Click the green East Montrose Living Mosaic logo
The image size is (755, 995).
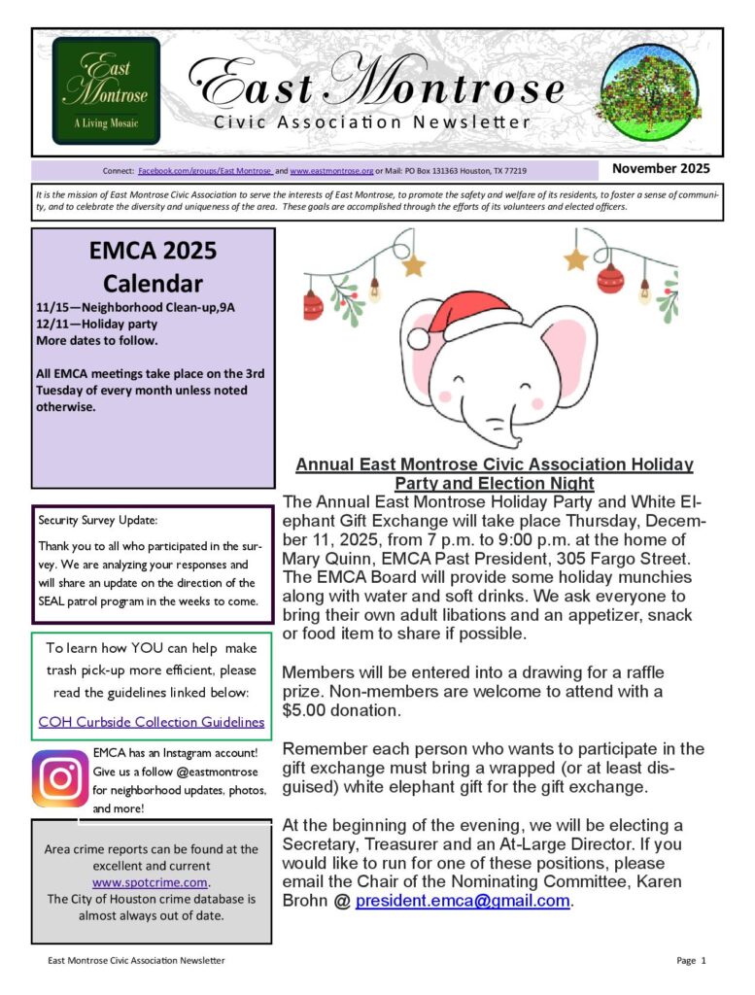(106, 90)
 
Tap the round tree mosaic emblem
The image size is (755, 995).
(650, 92)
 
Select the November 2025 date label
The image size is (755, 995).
(661, 168)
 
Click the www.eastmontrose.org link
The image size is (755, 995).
(331, 171)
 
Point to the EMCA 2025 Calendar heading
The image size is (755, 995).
(153, 267)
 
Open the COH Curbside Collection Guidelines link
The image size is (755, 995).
(151, 722)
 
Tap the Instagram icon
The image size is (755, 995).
(60, 778)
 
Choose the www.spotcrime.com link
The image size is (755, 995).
(151, 882)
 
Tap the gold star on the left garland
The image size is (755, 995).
(414, 264)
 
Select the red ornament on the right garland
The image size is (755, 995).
(609, 279)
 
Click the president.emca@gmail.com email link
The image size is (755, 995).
(463, 901)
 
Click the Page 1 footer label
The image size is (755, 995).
(691, 960)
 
